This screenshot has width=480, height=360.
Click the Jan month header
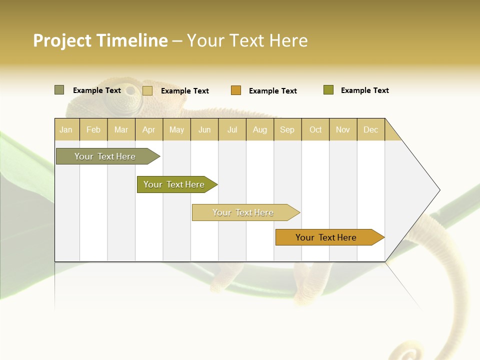(x=66, y=129)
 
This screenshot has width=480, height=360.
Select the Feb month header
(x=93, y=129)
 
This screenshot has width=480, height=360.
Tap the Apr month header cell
(x=149, y=129)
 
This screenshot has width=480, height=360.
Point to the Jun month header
(x=204, y=129)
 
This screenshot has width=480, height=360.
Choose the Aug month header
(x=260, y=129)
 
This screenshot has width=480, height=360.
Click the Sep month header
(x=287, y=129)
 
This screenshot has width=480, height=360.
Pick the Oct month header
(x=315, y=129)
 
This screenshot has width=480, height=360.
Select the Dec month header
(x=371, y=129)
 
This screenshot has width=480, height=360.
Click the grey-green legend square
(x=59, y=90)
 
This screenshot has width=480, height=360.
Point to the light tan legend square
(x=147, y=90)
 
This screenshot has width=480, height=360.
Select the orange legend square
(x=236, y=90)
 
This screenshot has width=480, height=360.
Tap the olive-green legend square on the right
(x=328, y=90)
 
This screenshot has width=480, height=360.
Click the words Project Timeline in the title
(x=100, y=40)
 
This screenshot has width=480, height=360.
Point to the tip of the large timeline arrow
(x=439, y=190)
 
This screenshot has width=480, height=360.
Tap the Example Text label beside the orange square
(x=273, y=91)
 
